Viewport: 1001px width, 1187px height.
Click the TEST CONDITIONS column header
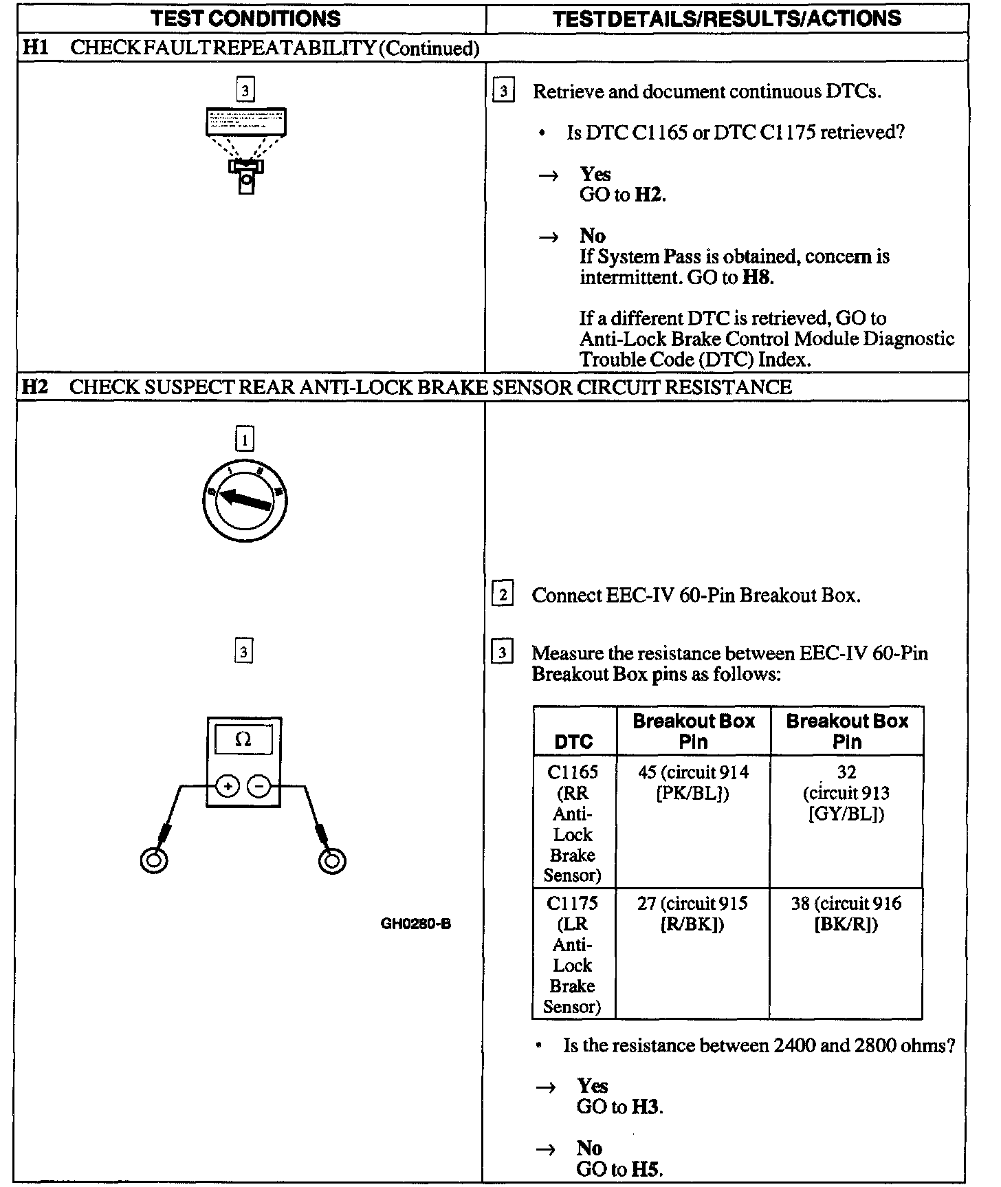(245, 19)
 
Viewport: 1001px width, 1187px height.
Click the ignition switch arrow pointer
(245, 499)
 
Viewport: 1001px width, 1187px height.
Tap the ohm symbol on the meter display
(243, 740)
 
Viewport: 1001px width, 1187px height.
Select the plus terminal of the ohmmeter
(228, 785)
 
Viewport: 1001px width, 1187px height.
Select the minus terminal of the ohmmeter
(258, 785)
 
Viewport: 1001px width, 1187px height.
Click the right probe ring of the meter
(333, 860)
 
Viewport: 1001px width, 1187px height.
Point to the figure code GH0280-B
(416, 924)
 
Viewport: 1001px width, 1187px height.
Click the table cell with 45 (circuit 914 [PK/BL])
(693, 783)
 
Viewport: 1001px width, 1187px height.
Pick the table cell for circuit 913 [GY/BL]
(846, 793)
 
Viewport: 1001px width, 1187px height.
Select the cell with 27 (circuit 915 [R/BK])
(692, 913)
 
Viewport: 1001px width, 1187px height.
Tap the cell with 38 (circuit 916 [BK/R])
(846, 913)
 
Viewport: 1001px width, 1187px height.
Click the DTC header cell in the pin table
(573, 741)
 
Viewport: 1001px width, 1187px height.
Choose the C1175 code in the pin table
(572, 903)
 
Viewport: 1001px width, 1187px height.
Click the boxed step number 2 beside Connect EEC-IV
(503, 594)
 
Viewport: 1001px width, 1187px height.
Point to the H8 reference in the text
(757, 277)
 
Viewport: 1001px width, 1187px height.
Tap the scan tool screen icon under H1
(245, 122)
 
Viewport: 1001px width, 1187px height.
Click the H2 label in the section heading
(34, 386)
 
